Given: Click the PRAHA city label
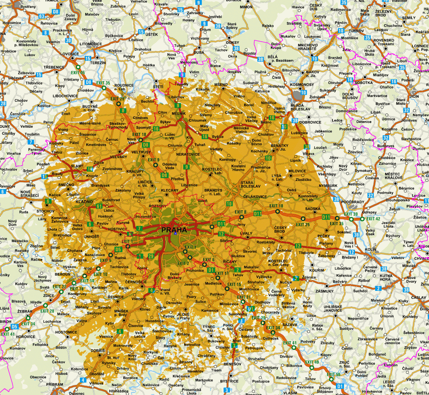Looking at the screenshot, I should [174, 230].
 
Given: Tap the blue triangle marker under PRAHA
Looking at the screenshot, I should [175, 233].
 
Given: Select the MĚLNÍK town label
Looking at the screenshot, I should [178, 114].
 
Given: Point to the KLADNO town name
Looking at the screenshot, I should [84, 202].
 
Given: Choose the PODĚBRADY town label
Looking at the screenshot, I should [352, 202].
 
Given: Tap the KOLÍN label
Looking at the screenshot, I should [370, 249].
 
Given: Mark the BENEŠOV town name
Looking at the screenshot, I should [233, 364].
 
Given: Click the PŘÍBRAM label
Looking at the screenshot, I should [55, 384].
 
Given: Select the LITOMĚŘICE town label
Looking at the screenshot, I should [91, 44].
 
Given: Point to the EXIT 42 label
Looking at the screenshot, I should [373, 219].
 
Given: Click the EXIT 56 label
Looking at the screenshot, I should [334, 374].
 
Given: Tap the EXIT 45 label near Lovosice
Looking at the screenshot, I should [78, 73].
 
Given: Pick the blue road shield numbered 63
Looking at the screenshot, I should [42, 16].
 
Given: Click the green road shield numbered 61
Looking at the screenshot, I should [99, 206].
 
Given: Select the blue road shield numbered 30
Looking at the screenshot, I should [68, 41].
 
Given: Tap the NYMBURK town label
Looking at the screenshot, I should [328, 186].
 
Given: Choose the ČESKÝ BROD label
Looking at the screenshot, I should [280, 229].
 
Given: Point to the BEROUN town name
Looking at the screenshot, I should [63, 274].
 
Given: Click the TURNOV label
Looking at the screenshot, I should [357, 31].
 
